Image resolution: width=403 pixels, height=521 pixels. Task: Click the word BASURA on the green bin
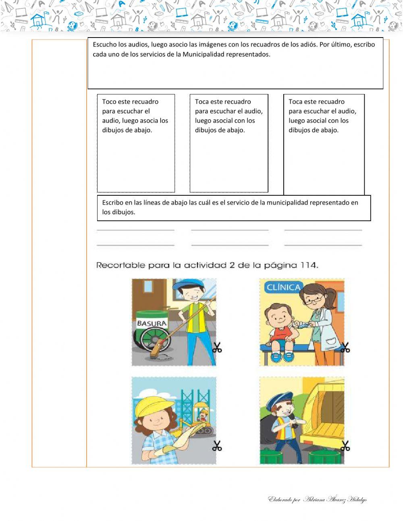pyautogui.click(x=152, y=323)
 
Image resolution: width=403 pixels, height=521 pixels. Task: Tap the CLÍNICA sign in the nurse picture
pyautogui.click(x=283, y=287)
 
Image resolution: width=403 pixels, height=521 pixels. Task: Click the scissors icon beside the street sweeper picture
pyautogui.click(x=217, y=347)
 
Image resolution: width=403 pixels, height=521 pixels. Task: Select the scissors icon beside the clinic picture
pyautogui.click(x=345, y=347)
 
